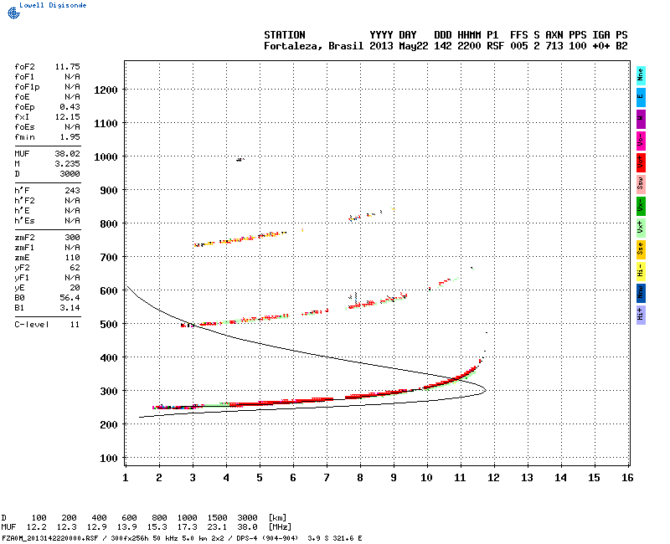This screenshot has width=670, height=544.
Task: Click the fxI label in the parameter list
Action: [x=22, y=117]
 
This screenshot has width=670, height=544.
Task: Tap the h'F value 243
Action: [x=72, y=191]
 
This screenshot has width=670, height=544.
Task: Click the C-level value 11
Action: [x=75, y=324]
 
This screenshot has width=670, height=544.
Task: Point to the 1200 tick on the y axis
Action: [x=105, y=90]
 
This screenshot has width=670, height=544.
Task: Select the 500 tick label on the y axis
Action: [x=107, y=324]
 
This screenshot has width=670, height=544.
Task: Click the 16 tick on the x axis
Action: [x=627, y=477]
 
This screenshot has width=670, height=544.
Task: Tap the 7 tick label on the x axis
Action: [x=326, y=477]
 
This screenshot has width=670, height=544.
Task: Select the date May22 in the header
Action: [x=413, y=45]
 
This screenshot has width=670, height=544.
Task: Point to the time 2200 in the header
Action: [x=469, y=45]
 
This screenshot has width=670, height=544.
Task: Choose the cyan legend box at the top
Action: [x=641, y=74]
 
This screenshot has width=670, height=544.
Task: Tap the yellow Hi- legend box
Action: [x=641, y=270]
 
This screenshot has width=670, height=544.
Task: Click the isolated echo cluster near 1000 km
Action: [x=240, y=159]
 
